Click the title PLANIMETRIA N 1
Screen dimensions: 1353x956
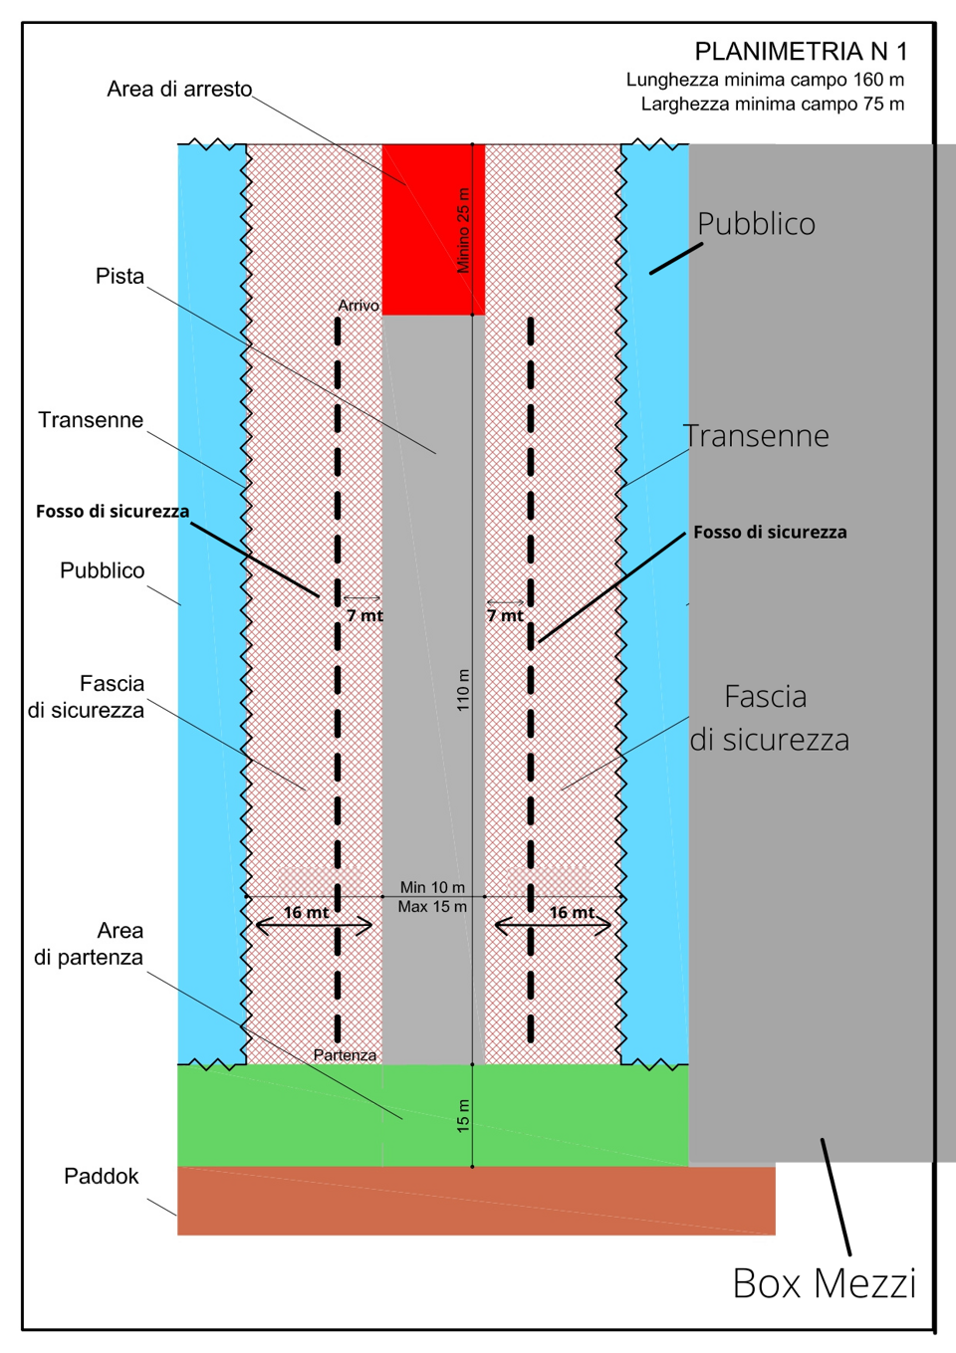(x=801, y=51)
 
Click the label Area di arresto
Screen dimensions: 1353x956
(x=179, y=90)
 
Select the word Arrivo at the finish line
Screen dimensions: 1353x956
(x=358, y=306)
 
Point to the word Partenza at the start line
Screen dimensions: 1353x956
(x=345, y=1055)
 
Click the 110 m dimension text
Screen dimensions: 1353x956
(x=463, y=690)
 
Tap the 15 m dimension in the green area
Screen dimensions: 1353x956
(x=463, y=1115)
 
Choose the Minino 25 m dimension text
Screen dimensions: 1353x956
(x=463, y=231)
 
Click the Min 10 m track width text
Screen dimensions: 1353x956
(x=432, y=887)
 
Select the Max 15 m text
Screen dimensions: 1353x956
(x=432, y=907)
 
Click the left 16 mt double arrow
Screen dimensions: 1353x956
(x=315, y=926)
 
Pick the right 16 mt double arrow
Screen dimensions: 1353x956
(x=553, y=926)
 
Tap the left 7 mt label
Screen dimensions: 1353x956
(x=364, y=616)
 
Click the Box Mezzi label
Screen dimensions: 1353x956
(x=824, y=1283)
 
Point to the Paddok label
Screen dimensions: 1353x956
(x=102, y=1177)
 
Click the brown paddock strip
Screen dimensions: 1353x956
(x=476, y=1201)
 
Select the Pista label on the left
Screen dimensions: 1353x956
(x=119, y=277)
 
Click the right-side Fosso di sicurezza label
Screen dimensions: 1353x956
(x=770, y=533)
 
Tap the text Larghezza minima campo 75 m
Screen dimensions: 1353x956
(x=772, y=105)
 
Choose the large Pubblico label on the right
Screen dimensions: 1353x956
(x=756, y=224)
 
